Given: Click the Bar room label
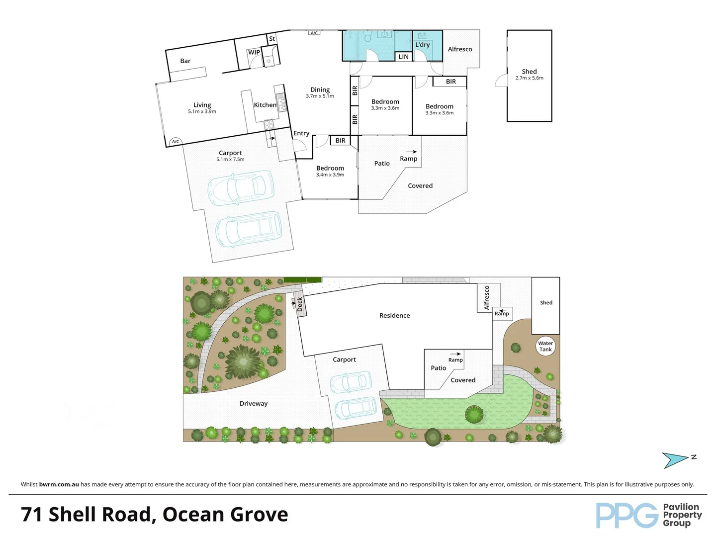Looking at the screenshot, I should tap(185, 61).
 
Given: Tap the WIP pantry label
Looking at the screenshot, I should tap(254, 52).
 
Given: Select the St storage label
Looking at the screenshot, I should tap(272, 39).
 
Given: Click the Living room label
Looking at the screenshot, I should tap(202, 105).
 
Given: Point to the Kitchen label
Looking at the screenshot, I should tap(265, 105).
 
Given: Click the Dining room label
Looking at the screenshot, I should tap(320, 90).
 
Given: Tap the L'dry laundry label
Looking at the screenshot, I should tap(422, 45).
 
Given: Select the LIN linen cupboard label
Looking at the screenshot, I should tap(403, 57).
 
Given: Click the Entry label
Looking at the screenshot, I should tap(301, 133).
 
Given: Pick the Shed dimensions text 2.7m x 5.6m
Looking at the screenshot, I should tap(529, 78).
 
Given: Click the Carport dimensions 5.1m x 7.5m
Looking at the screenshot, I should tap(230, 160).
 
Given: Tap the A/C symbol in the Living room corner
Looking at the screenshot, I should tap(175, 142).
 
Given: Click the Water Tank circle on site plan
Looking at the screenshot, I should tap(545, 346).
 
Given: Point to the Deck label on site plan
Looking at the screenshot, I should tap(300, 304).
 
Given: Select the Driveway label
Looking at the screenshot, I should tap(254, 404).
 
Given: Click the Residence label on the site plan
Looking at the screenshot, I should tap(394, 316).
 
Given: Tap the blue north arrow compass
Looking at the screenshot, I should tap(676, 460).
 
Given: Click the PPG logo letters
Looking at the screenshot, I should tap(627, 515).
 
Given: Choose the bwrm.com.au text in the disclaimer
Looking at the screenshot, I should tap(59, 484).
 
